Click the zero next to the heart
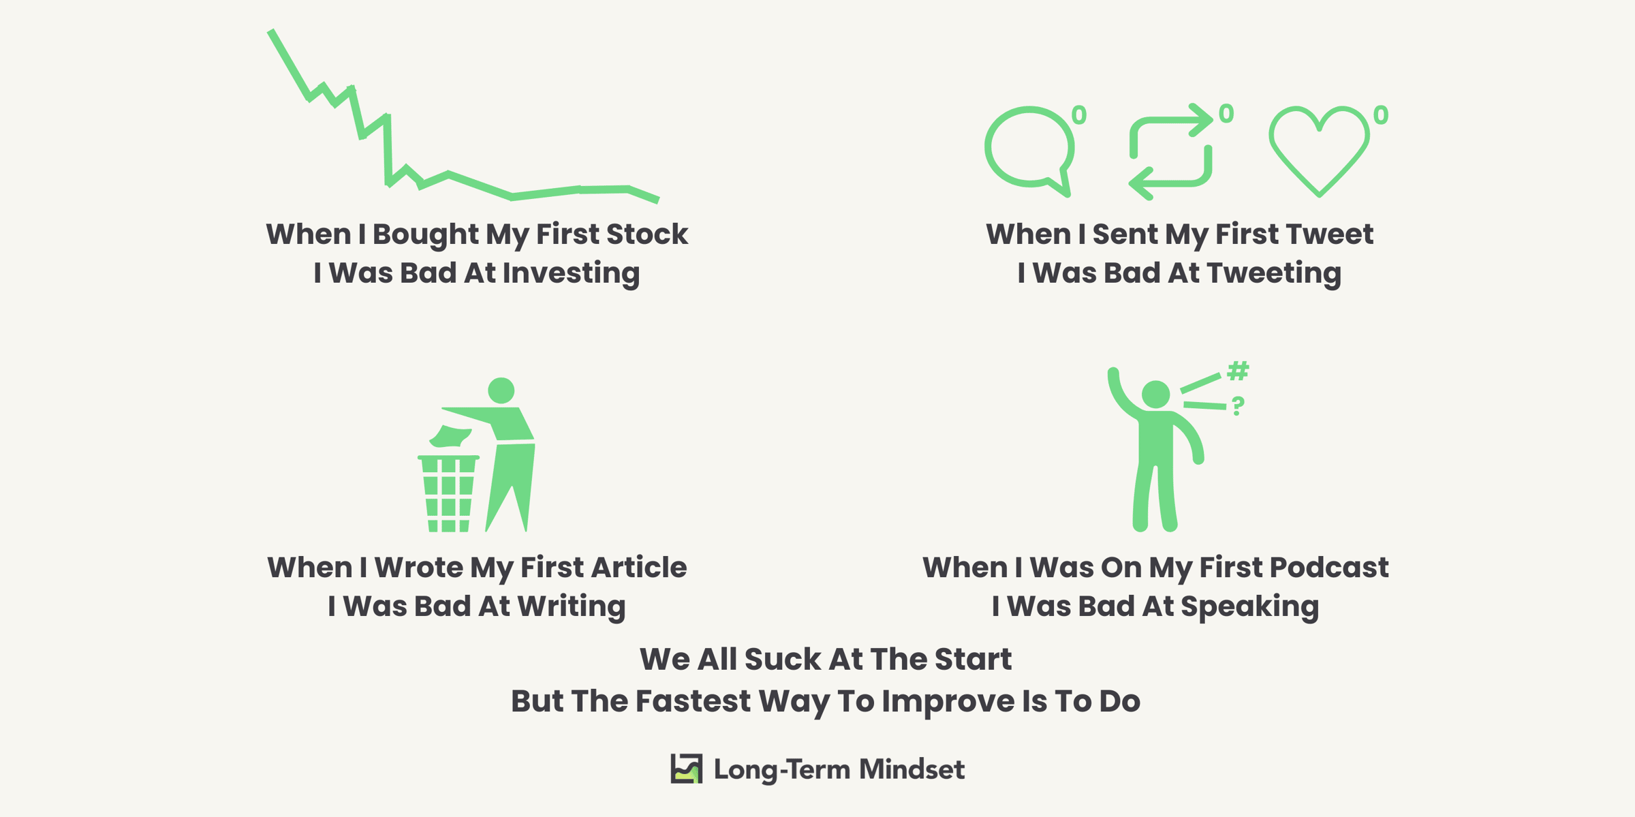click(1381, 114)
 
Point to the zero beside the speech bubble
click(1079, 114)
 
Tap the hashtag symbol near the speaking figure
click(1238, 371)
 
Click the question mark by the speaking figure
click(1238, 406)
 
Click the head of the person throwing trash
click(501, 390)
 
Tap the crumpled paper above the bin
click(450, 437)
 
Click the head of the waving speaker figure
click(1155, 395)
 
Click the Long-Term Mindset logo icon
click(686, 769)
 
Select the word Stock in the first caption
click(647, 234)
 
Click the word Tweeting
click(1274, 273)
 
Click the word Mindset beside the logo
click(912, 769)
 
